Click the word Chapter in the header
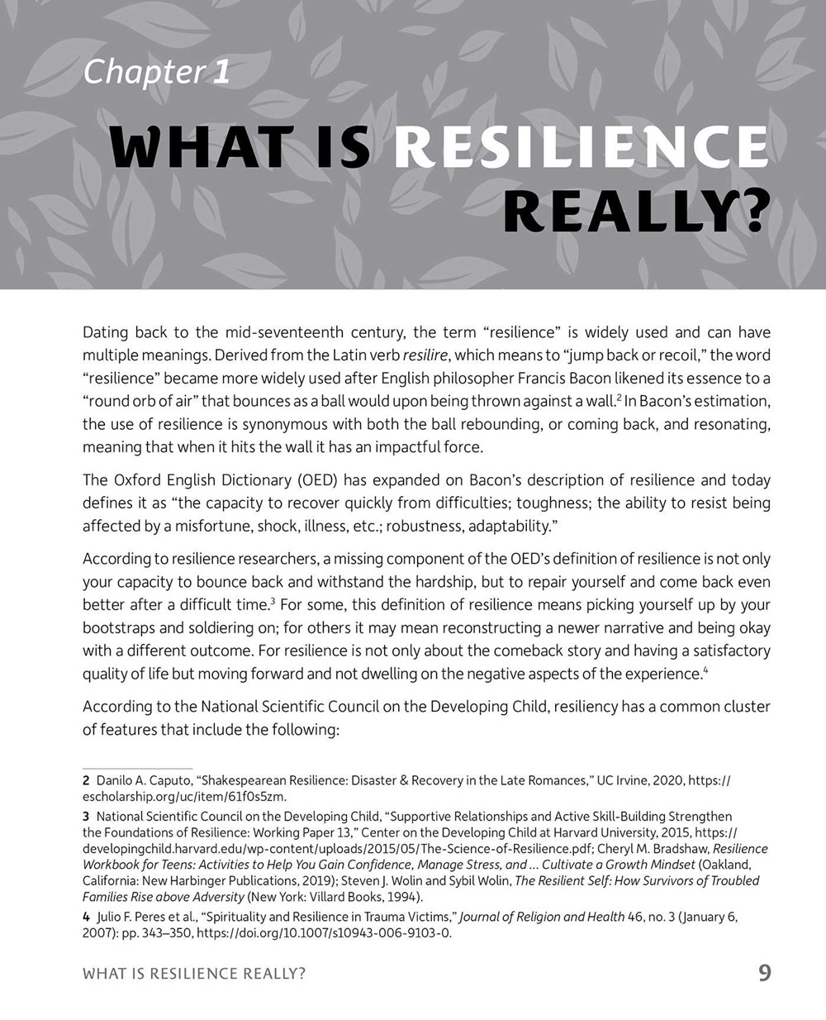143,73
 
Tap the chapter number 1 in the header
221,73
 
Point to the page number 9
764,973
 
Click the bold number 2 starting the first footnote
86,781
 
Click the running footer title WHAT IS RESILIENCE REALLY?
194,974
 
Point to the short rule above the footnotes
137,769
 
